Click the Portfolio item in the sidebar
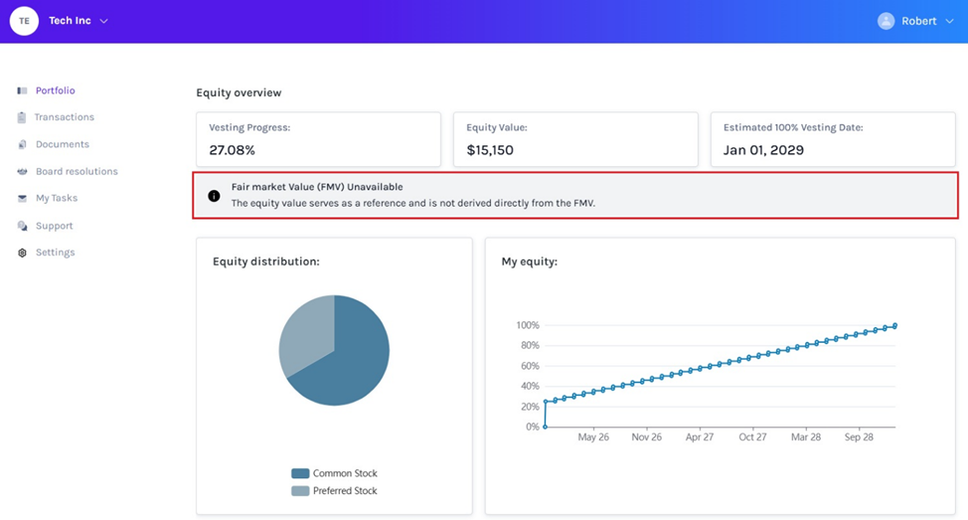point(55,90)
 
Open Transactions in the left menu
point(64,117)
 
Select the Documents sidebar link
point(62,144)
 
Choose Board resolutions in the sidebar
point(77,171)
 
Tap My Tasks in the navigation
point(56,198)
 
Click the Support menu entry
point(54,226)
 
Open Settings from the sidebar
point(55,253)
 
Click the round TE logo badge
point(24,21)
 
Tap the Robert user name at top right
point(918,21)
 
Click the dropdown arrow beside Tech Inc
point(104,21)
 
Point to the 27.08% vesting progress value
point(233,150)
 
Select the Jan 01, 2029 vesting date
point(763,150)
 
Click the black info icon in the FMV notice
point(214,196)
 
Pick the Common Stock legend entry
point(345,473)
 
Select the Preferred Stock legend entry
point(345,490)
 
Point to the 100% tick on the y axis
point(527,325)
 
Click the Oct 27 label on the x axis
point(752,436)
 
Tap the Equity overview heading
point(239,92)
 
